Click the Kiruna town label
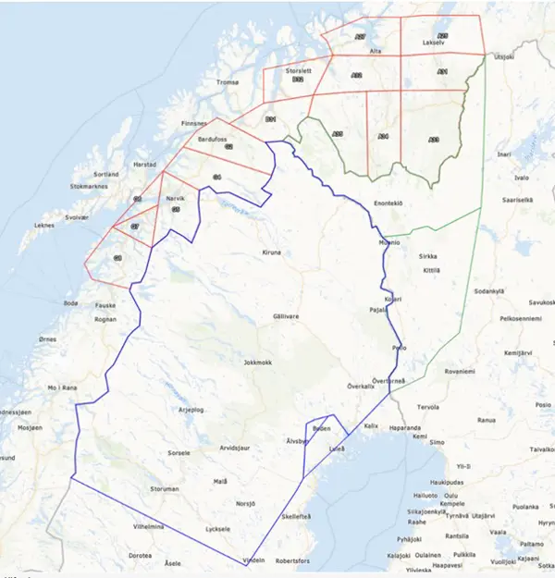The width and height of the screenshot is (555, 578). [271, 252]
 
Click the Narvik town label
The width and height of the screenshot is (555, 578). [176, 199]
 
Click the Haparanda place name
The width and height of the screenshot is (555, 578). [403, 428]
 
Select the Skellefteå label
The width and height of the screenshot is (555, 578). [296, 517]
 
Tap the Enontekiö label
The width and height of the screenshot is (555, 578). [388, 203]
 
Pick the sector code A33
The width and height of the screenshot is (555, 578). [435, 139]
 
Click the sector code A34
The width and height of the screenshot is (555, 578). [384, 136]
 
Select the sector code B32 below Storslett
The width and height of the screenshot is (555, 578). [298, 80]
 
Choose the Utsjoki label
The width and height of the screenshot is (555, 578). [503, 57]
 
